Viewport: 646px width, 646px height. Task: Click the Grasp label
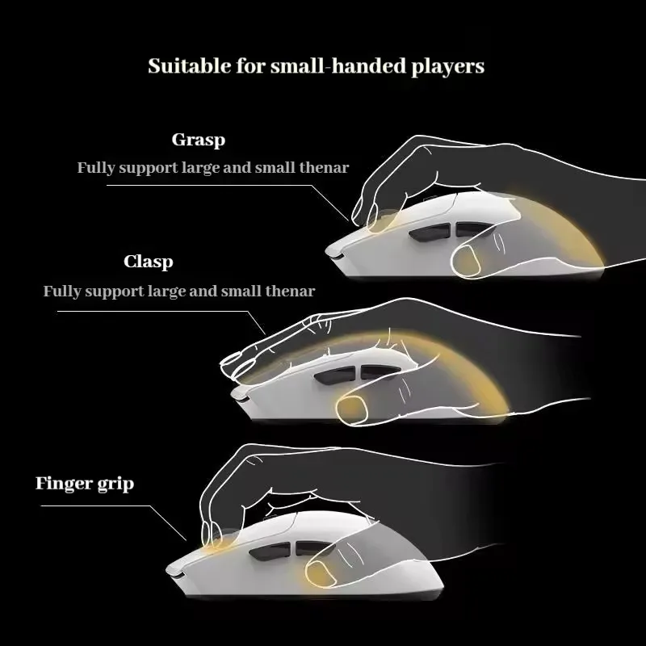(199, 140)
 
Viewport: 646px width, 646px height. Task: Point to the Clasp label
(149, 262)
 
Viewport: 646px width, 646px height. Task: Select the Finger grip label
(85, 484)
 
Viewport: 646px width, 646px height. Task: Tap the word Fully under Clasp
(62, 291)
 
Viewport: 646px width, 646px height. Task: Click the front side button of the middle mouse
(330, 375)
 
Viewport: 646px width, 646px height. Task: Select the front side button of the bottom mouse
(266, 554)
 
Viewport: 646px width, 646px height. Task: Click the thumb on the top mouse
(469, 260)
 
